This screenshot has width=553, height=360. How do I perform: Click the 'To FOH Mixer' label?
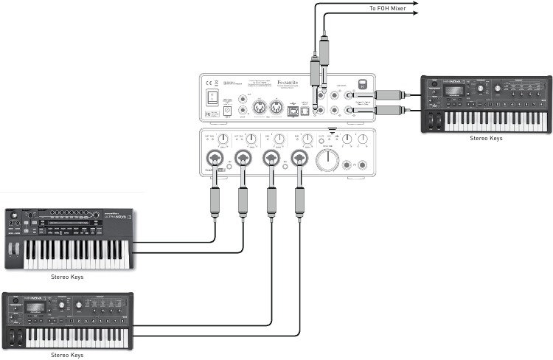coord(388,8)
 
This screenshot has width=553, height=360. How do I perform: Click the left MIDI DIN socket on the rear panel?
coord(259,108)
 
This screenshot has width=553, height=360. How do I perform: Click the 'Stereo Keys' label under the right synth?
coord(484,139)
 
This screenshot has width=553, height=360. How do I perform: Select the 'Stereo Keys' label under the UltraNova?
coord(66,277)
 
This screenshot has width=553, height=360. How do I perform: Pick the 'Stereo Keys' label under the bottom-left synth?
coord(66,355)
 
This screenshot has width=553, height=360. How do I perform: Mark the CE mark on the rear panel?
coord(209,83)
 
